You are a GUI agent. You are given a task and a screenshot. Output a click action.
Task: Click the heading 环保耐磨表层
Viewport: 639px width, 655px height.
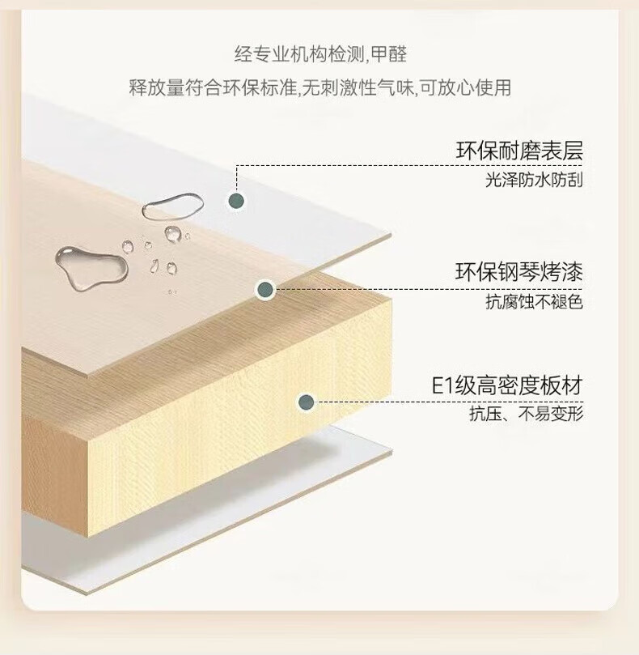518,151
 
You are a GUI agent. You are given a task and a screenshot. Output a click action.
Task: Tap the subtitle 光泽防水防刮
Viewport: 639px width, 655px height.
534,180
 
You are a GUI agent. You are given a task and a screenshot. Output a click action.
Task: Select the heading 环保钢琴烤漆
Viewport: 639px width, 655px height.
518,272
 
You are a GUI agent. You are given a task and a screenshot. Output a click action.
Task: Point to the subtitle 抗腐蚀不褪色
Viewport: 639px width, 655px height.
534,302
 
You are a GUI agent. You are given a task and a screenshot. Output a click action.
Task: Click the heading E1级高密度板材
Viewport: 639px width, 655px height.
506,385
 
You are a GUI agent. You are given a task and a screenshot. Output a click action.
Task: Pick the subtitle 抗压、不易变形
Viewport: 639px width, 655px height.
526,414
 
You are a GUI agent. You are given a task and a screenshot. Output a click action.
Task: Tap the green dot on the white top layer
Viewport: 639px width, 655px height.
237,201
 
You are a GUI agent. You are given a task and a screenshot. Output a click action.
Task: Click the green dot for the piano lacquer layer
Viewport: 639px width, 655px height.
265,289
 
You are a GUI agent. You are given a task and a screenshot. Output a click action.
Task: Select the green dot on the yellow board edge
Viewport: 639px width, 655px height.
307,402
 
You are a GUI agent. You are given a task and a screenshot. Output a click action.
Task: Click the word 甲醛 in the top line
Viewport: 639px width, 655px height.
388,54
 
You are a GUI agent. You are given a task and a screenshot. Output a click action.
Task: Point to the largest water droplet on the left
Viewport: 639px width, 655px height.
91,267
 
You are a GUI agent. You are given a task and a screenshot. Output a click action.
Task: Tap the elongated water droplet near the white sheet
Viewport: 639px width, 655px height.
172,206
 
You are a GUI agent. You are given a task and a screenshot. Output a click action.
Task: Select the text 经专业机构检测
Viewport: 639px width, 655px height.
299,54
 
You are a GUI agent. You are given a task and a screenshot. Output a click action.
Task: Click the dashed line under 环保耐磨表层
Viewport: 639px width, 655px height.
409,166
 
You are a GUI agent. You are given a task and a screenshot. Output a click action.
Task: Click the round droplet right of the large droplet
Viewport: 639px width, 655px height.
127,247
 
